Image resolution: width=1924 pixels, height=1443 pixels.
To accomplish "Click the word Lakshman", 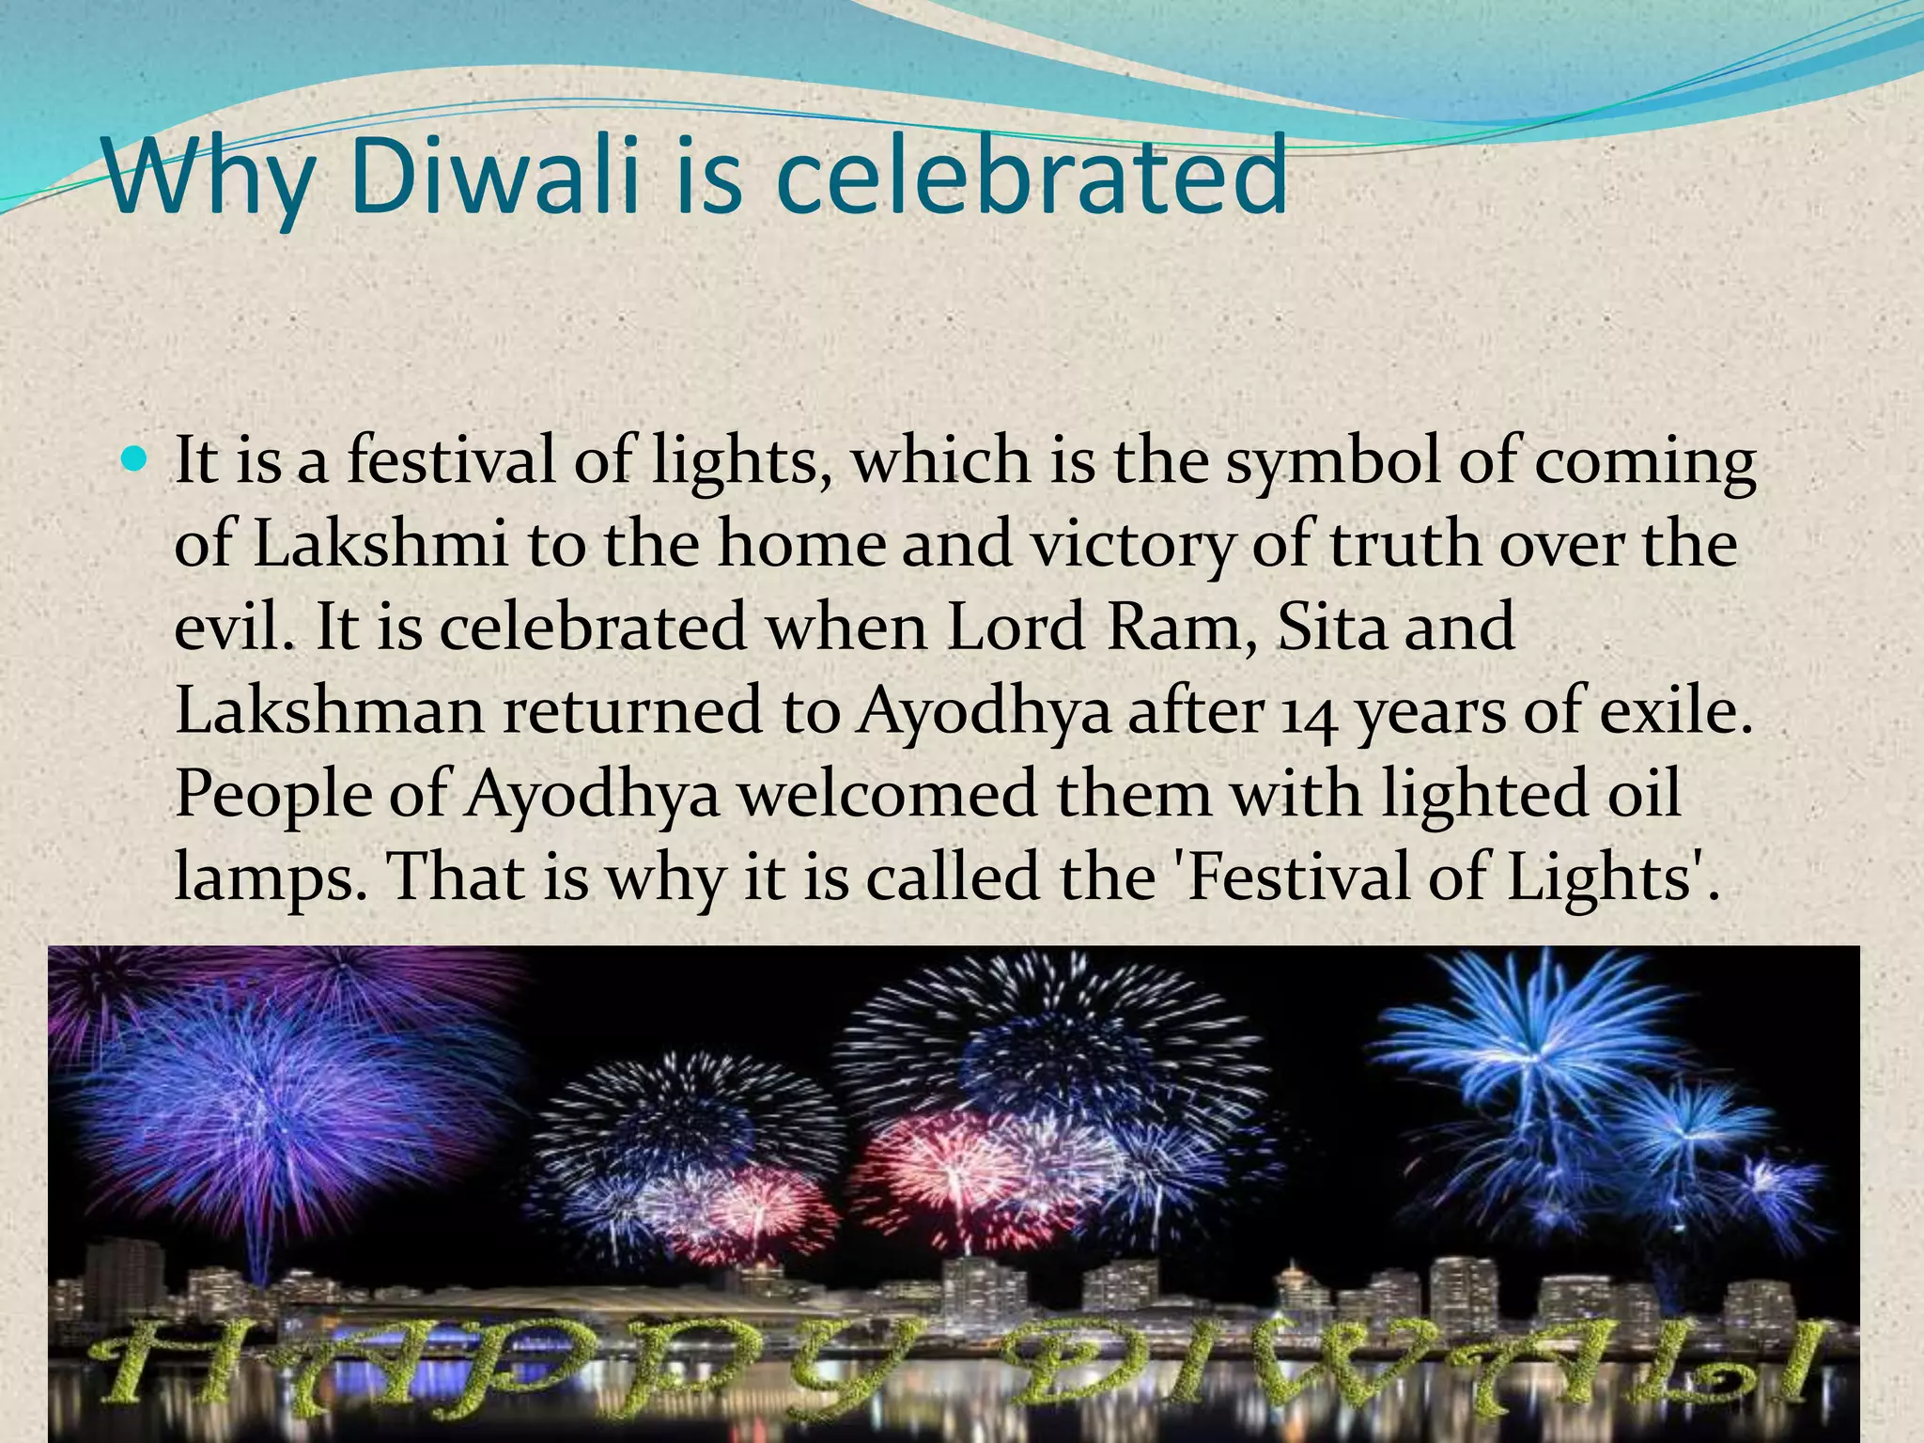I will click(328, 711).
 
